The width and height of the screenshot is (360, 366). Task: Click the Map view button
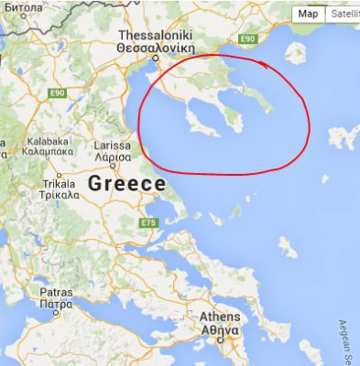tap(309, 14)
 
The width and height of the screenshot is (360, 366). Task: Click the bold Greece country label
tap(126, 184)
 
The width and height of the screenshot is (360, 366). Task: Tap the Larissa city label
tap(114, 145)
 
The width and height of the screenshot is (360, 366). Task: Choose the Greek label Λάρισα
tap(114, 156)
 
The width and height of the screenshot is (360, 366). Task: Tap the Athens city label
tap(220, 318)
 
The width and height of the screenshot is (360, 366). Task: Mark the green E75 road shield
tap(150, 222)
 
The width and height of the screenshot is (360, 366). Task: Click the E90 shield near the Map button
tap(245, 39)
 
